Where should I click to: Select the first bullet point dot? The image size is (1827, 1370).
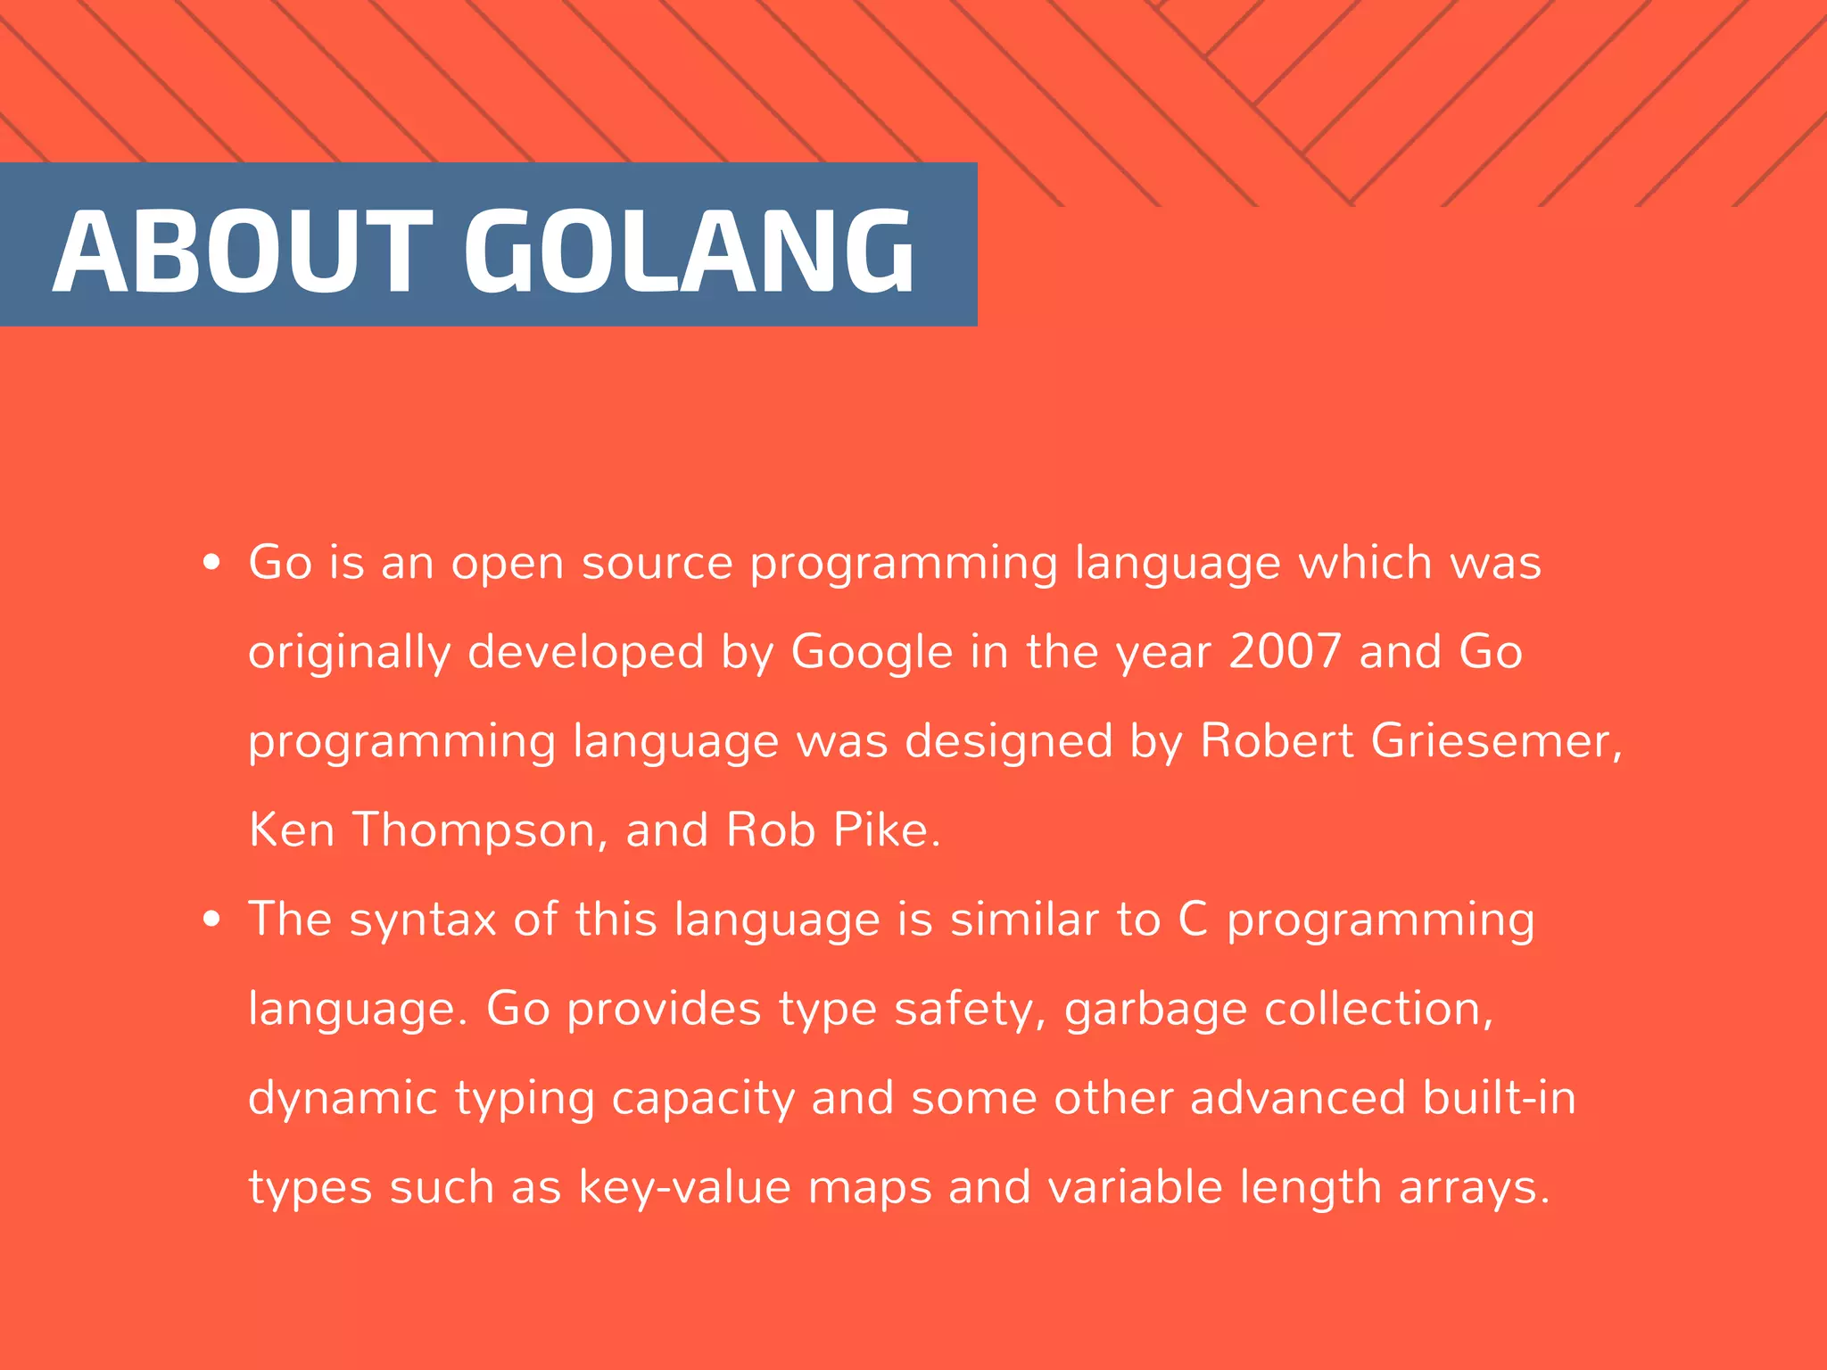(211, 563)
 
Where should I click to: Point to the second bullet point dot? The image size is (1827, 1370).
(211, 920)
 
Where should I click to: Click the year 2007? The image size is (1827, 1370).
(1285, 651)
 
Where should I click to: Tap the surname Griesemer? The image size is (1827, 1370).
(1496, 741)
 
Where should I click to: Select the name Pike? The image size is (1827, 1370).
(886, 830)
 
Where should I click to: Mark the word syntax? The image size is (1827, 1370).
(422, 920)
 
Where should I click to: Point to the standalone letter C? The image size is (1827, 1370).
(1193, 920)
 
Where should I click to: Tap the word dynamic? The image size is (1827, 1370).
(343, 1099)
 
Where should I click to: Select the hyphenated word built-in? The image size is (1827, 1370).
(1499, 1097)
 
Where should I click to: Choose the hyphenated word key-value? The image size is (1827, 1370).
(684, 1188)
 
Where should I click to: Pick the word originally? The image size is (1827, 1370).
(350, 653)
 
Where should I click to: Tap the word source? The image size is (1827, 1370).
(657, 564)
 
